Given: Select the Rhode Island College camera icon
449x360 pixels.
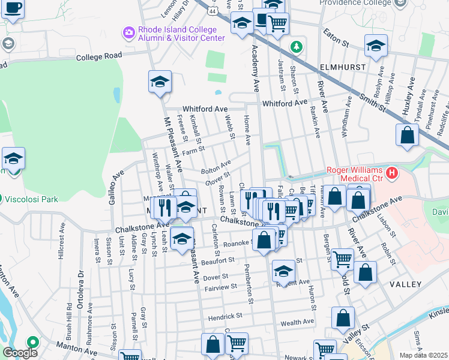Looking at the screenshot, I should point(128,32).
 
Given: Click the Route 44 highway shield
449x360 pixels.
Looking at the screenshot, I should point(211,10).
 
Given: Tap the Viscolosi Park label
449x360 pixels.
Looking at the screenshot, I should point(33,199).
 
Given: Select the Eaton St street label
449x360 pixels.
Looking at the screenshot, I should point(336,38).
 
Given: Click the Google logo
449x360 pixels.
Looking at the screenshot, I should point(20,353).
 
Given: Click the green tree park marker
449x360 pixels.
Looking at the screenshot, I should point(295,46).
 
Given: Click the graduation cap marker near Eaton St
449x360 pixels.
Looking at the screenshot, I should point(376,45).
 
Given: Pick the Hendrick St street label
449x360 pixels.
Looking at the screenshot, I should point(224,316).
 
